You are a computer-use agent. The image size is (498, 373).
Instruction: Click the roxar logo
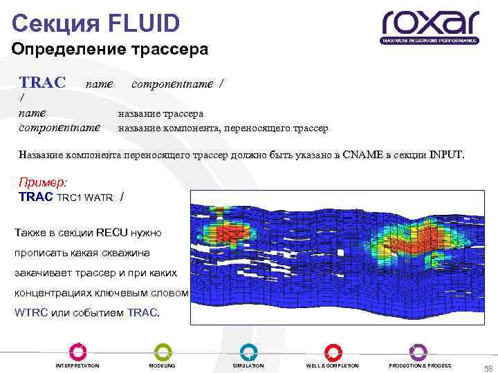point(430,26)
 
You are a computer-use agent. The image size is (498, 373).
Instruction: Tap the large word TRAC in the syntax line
point(42,84)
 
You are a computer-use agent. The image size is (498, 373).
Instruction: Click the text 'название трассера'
point(160,114)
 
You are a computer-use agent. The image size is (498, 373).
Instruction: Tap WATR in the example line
point(100,198)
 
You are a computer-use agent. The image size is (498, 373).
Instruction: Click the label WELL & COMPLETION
point(333,365)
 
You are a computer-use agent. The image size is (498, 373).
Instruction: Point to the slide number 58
point(488,368)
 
